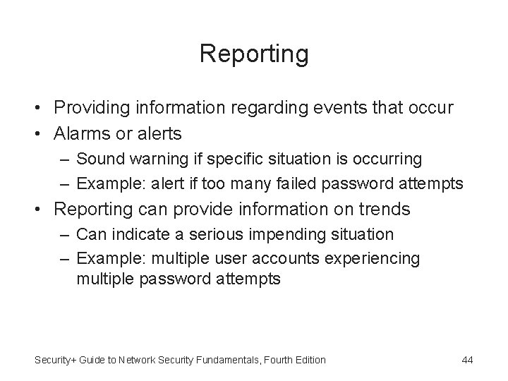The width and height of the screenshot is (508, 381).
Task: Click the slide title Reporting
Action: click(x=254, y=53)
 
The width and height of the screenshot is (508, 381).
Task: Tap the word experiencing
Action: click(x=374, y=258)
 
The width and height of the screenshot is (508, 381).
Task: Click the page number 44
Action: click(x=466, y=360)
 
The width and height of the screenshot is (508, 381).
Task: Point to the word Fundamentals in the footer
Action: click(x=229, y=360)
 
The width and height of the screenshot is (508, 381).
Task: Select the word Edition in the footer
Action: click(x=310, y=360)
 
